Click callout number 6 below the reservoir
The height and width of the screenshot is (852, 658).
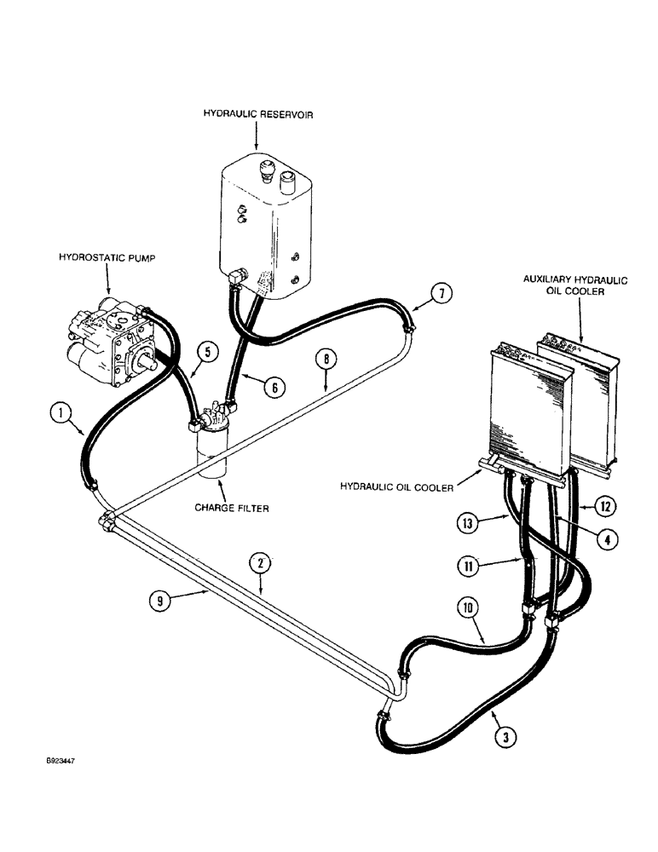coord(273,386)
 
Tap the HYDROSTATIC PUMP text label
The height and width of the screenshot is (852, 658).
coord(106,255)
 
